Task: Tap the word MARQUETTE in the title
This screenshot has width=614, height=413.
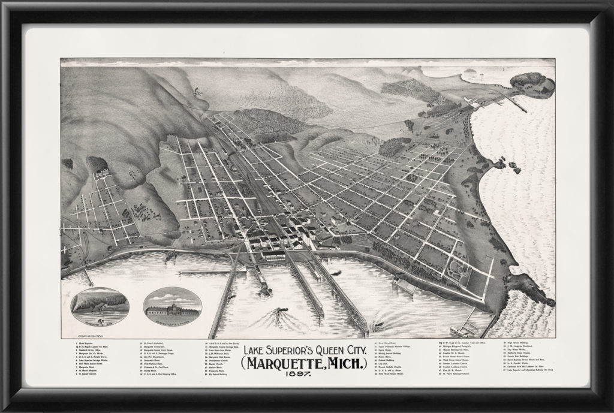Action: click(286, 363)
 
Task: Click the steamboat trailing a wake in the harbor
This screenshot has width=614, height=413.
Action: click(278, 313)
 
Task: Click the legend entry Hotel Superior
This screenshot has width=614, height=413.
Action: click(85, 343)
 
